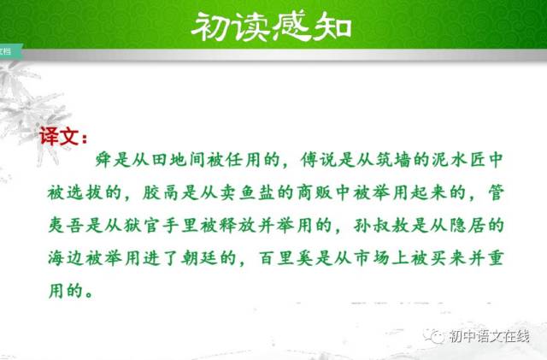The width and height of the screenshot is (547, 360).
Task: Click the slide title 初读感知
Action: (x=271, y=27)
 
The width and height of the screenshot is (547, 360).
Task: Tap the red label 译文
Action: (x=58, y=136)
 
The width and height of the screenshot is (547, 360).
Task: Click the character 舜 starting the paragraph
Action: (x=103, y=160)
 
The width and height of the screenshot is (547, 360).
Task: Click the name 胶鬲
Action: (x=161, y=192)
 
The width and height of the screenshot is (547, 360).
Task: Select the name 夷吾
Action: (x=67, y=225)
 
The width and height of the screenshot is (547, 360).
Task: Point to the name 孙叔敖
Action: (x=381, y=225)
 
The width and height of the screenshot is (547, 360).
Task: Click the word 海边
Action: (x=67, y=258)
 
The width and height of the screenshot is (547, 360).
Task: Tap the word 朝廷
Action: (x=199, y=258)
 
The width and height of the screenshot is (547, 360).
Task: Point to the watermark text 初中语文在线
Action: (x=490, y=337)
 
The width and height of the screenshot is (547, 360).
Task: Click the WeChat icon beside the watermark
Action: (x=433, y=336)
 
